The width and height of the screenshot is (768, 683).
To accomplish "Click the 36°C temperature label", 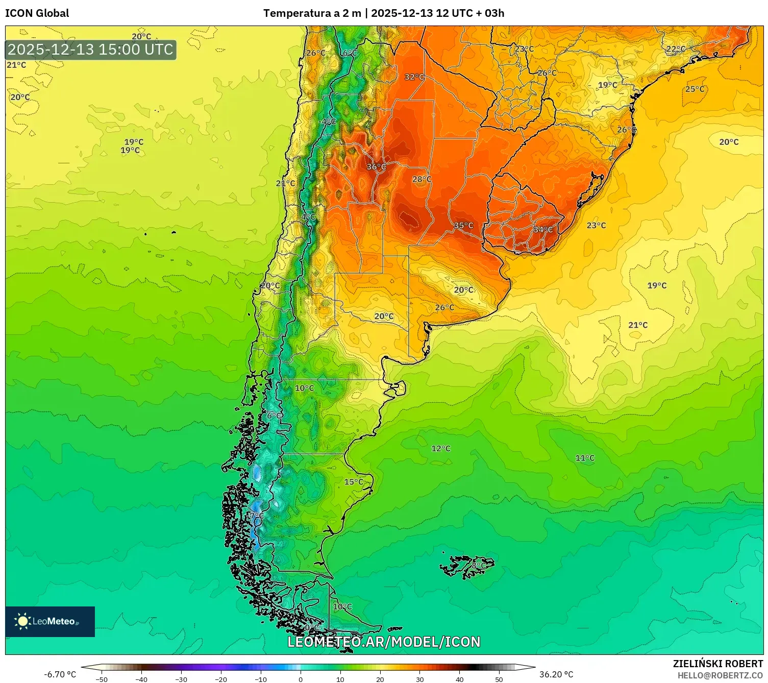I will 376,167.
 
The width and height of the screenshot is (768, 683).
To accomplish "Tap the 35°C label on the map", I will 463,226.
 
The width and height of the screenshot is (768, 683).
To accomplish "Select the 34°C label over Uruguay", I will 543,230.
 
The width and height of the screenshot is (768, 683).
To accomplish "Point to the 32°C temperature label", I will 414,77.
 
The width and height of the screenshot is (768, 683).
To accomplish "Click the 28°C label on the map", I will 422,179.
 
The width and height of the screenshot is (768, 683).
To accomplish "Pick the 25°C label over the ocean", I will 695,89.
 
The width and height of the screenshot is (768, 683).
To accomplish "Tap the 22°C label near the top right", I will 676,49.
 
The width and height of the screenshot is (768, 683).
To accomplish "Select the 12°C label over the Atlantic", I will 441,449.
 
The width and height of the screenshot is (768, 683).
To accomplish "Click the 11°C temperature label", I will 585,458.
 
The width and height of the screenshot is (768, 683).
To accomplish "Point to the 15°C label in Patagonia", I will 354,482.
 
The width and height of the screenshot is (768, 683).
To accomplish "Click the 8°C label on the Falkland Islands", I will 479,566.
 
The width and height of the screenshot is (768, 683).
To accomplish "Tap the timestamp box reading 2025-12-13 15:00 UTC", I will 91,50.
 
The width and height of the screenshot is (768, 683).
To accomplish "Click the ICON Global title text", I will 37,13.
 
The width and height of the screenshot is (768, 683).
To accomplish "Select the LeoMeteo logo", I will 50,621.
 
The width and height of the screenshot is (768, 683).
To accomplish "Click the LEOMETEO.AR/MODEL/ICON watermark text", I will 384,642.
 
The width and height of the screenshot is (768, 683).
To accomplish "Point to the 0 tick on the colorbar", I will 301,679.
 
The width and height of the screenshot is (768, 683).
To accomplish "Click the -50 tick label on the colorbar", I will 102,679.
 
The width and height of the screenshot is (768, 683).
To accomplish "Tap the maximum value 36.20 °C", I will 556,674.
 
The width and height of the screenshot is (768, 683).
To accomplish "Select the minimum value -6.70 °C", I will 60,674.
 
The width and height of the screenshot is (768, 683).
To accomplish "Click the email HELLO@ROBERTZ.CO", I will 720,675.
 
